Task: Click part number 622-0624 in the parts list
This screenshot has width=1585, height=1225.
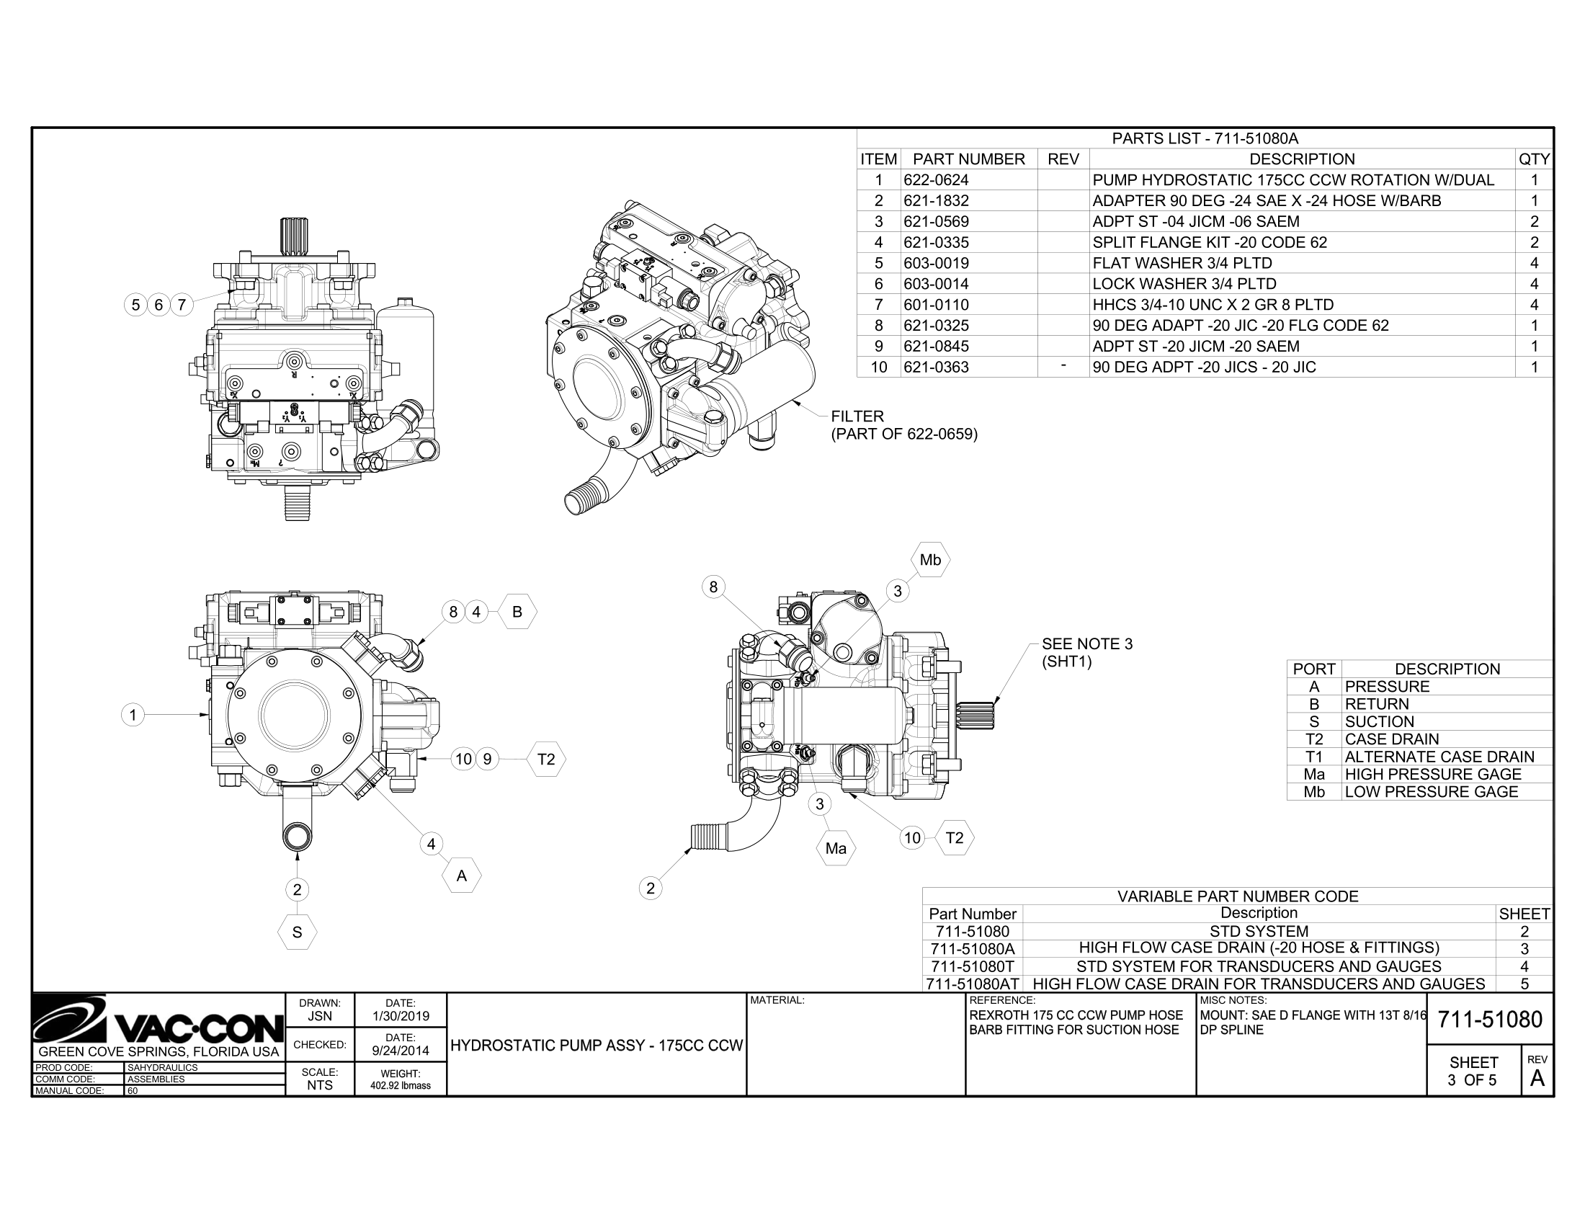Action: [x=935, y=180]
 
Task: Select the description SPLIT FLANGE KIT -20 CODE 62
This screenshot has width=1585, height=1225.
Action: [x=1209, y=242]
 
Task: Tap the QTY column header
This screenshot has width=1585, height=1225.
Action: [x=1533, y=159]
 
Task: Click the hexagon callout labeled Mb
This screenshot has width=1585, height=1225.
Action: [x=929, y=559]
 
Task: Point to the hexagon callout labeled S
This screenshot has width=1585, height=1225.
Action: [x=297, y=932]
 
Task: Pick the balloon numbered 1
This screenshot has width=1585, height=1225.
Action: [x=133, y=716]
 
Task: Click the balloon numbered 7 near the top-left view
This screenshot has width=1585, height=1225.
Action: [x=182, y=305]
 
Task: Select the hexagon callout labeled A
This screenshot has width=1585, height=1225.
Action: [x=462, y=876]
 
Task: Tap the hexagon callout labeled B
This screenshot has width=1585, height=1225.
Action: [x=517, y=612]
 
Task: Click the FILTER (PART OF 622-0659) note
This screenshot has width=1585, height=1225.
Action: [x=903, y=425]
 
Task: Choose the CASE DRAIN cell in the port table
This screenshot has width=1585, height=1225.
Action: [x=1391, y=739]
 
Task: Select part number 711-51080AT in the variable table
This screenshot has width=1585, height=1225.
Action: [x=973, y=984]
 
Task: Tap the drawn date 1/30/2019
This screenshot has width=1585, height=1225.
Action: [x=401, y=1016]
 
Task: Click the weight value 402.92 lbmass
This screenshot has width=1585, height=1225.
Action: [x=401, y=1086]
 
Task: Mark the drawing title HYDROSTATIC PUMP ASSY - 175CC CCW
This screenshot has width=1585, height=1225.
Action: [x=597, y=1045]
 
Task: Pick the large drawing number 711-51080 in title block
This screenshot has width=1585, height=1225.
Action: [x=1490, y=1020]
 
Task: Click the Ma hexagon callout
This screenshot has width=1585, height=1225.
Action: [x=835, y=848]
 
